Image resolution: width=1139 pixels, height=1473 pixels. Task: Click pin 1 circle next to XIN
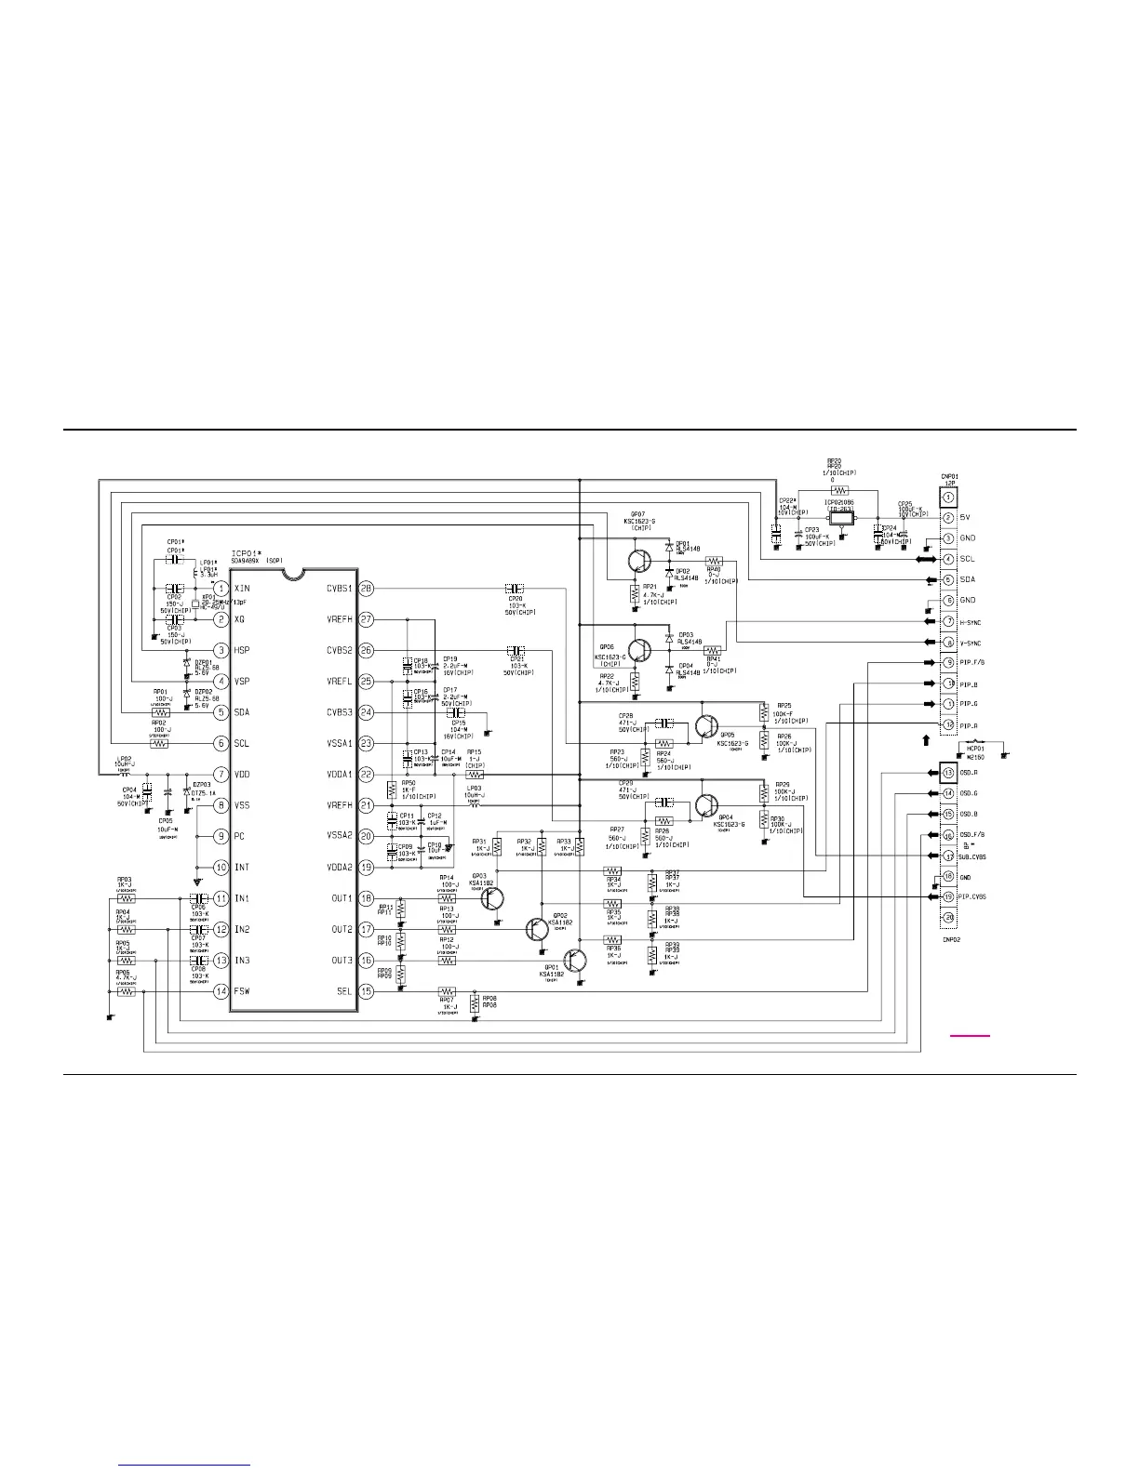pyautogui.click(x=221, y=589)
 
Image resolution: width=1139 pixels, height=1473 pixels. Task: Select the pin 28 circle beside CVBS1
pyautogui.click(x=366, y=589)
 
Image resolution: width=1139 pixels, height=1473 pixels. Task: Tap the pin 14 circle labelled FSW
pyautogui.click(x=221, y=991)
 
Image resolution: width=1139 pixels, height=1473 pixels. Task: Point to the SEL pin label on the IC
pyautogui.click(x=343, y=991)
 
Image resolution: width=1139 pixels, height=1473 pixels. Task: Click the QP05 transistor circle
pyautogui.click(x=707, y=725)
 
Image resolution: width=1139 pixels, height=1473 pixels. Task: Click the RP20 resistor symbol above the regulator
pyautogui.click(x=839, y=490)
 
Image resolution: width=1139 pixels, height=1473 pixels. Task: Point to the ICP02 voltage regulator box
pyautogui.click(x=841, y=516)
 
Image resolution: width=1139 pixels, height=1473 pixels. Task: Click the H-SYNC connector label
pyautogui.click(x=971, y=622)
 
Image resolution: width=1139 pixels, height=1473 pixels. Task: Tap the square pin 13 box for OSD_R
pyautogui.click(x=948, y=773)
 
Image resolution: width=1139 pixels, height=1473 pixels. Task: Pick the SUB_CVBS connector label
pyautogui.click(x=971, y=856)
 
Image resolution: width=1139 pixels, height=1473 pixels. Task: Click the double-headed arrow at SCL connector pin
pyautogui.click(x=926, y=560)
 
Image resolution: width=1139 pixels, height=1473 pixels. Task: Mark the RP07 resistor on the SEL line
pyautogui.click(x=447, y=991)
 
